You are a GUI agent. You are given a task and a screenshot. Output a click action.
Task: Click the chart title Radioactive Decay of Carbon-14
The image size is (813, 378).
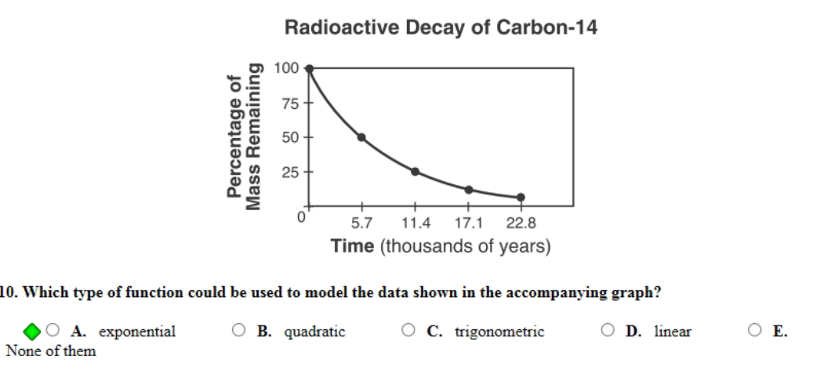441,28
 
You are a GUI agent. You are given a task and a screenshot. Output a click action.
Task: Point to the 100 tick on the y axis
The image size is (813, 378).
288,68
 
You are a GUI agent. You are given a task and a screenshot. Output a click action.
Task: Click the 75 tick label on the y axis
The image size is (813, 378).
289,103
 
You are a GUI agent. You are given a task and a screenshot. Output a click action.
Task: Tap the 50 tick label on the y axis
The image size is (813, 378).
289,137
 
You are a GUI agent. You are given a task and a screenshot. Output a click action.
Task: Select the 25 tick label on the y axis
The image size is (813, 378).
289,172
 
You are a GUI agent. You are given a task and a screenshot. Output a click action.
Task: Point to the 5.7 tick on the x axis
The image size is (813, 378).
362,224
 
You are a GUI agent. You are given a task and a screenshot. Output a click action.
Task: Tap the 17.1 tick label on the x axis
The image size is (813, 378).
469,224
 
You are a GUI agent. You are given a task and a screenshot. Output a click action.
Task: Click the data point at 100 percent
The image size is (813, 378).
309,68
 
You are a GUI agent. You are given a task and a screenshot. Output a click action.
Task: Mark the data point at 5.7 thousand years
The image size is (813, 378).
361,137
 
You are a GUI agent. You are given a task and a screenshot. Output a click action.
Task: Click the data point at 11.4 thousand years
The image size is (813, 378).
415,172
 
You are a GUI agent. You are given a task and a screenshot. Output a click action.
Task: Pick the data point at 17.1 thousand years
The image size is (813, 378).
468,190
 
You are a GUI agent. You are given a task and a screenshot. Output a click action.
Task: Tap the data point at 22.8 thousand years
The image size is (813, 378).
521,198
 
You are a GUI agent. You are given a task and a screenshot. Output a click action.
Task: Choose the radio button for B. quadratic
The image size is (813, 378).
238,331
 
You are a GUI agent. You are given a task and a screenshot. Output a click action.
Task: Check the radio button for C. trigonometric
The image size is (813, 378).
409,331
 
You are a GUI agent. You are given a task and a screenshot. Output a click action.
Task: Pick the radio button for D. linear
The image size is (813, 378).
608,331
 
